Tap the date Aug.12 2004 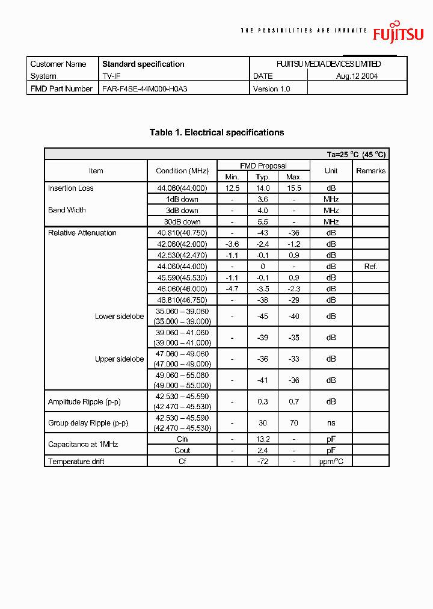coord(357,76)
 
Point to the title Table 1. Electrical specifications coord(216,132)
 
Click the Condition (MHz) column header coord(182,171)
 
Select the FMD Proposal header coord(263,165)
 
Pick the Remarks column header coord(370,171)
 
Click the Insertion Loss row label coord(71,188)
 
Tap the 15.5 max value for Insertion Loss coord(293,188)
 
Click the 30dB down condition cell coord(182,222)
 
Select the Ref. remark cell coord(370,267)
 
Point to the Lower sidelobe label coord(119,317)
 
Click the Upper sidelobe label coord(119,359)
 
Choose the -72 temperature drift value coord(262,462)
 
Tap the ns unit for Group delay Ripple coord(331,423)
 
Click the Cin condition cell coord(182,439)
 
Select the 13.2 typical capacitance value coord(262,439)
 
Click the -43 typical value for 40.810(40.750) coord(262,233)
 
